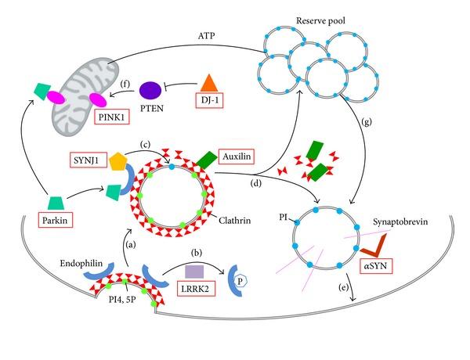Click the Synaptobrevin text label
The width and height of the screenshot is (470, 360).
(x=399, y=220)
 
